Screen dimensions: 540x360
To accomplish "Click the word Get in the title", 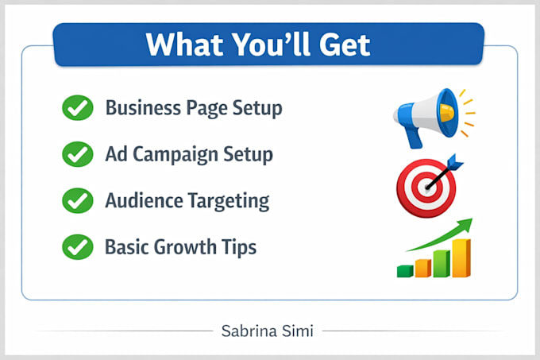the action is (345, 45).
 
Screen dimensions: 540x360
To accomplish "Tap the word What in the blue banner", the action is (184, 45).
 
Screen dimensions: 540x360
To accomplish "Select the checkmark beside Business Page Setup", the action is (78, 107).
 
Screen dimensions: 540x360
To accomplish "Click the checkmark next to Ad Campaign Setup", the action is (78, 154).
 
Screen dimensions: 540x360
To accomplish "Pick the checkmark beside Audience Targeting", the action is (78, 200).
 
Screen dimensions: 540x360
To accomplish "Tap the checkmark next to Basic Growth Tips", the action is (78, 247).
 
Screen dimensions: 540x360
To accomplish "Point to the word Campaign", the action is (175, 155).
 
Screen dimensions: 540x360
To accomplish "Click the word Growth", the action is (184, 247).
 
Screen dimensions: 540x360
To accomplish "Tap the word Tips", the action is (239, 248).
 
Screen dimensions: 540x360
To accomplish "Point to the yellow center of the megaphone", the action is (447, 113).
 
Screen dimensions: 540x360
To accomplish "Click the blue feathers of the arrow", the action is (455, 162).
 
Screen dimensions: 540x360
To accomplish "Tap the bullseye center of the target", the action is (427, 188).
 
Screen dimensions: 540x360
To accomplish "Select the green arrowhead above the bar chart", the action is (465, 225).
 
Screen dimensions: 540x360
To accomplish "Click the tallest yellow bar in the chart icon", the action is (461, 258).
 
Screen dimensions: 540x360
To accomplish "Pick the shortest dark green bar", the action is (405, 271).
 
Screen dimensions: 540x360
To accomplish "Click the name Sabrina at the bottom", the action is (249, 331).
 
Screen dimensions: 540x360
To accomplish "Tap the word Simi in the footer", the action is (298, 331).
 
